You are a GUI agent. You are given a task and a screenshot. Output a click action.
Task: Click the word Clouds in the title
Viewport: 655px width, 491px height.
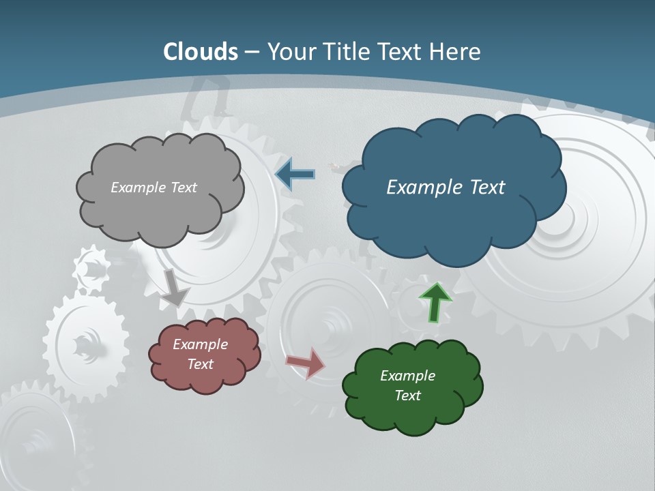[x=201, y=52]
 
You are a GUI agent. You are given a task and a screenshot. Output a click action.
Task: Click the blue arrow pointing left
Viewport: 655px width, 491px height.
[x=295, y=174]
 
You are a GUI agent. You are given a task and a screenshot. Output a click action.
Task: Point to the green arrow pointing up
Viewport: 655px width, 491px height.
[x=435, y=302]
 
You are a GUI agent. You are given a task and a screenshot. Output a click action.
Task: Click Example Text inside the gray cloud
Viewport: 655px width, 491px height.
[x=154, y=188]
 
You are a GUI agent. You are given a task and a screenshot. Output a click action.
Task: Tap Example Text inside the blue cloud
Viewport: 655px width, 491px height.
[x=446, y=188]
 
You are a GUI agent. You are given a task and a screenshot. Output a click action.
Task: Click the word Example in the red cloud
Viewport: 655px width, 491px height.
[x=200, y=344]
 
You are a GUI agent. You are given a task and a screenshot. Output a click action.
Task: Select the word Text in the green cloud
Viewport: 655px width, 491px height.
[x=407, y=396]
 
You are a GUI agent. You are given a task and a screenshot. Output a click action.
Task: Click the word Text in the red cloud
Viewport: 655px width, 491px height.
[x=200, y=364]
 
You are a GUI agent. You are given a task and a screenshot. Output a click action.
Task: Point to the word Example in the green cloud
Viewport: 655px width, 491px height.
[x=407, y=376]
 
